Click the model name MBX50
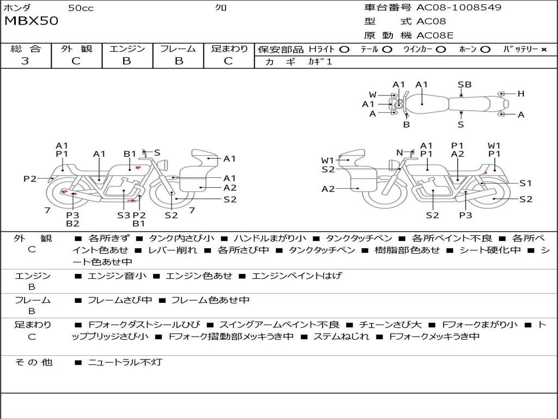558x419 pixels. pyautogui.click(x=31, y=21)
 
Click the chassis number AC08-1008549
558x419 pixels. pyautogui.click(x=459, y=7)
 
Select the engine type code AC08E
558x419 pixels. pyautogui.click(x=435, y=35)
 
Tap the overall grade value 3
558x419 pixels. pyautogui.click(x=25, y=61)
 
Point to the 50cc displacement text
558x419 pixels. pyautogui.click(x=81, y=8)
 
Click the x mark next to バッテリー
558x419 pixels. pyautogui.click(x=544, y=50)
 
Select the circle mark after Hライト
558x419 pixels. pyautogui.click(x=344, y=50)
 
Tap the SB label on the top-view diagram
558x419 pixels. pyautogui.click(x=464, y=85)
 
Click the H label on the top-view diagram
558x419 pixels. pyautogui.click(x=521, y=94)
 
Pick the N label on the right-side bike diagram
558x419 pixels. pyautogui.click(x=399, y=153)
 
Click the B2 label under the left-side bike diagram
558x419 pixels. pyautogui.click(x=72, y=223)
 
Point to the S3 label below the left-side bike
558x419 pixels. pyautogui.click(x=124, y=215)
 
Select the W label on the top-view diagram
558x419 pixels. pyautogui.click(x=373, y=95)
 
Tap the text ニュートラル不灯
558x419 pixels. pyautogui.click(x=125, y=362)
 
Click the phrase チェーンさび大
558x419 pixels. pyautogui.click(x=390, y=325)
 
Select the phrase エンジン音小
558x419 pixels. pyautogui.click(x=117, y=276)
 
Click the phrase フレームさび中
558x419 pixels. pyautogui.click(x=120, y=300)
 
